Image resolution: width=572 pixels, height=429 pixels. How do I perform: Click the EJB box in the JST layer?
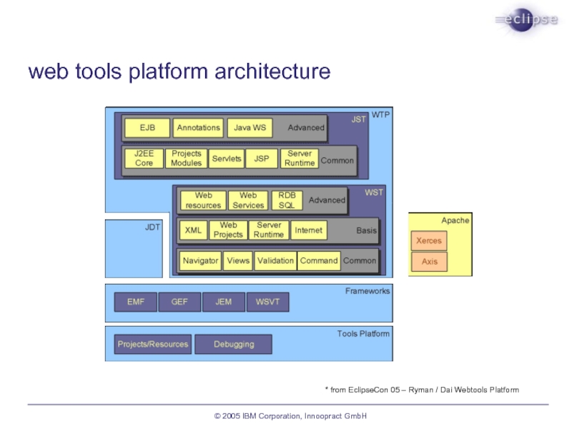(x=147, y=128)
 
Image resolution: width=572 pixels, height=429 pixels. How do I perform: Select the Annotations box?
(x=199, y=128)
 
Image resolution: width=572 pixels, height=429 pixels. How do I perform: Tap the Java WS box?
(x=250, y=128)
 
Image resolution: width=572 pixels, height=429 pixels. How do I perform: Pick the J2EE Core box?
(x=144, y=158)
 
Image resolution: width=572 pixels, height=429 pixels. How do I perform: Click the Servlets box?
(x=227, y=158)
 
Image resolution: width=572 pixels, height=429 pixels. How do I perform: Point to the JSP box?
(x=262, y=158)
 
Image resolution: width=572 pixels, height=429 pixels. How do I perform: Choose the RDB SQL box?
(x=287, y=200)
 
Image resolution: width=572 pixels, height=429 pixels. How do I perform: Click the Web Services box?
(x=248, y=200)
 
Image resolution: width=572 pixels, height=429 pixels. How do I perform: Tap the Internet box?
(x=309, y=230)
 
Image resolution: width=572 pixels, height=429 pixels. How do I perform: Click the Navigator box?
(x=200, y=261)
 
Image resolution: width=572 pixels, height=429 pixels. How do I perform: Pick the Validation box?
(x=275, y=261)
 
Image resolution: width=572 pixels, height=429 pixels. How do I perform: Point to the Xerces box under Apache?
(x=429, y=241)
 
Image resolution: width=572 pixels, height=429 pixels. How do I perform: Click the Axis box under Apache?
(x=429, y=262)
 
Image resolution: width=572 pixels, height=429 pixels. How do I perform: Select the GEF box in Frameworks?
(x=179, y=302)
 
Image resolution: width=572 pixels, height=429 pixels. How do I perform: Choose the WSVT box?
(x=268, y=302)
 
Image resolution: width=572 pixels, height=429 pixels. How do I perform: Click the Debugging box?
(x=234, y=345)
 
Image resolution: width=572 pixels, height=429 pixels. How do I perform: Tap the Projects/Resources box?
(x=153, y=345)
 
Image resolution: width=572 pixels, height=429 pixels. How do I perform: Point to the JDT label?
(x=152, y=227)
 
